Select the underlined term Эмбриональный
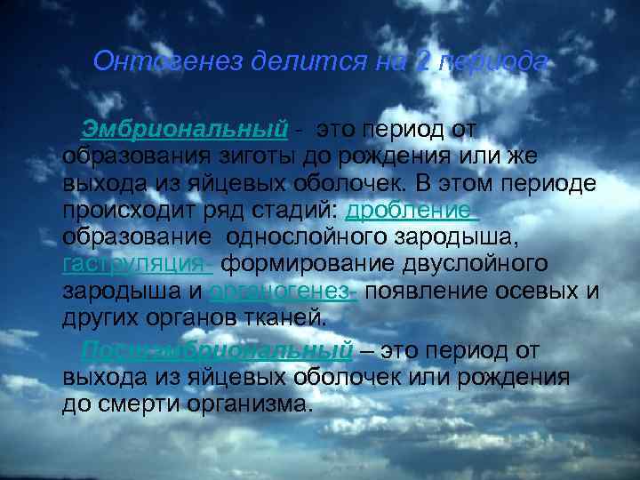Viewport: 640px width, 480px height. [x=185, y=130]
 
